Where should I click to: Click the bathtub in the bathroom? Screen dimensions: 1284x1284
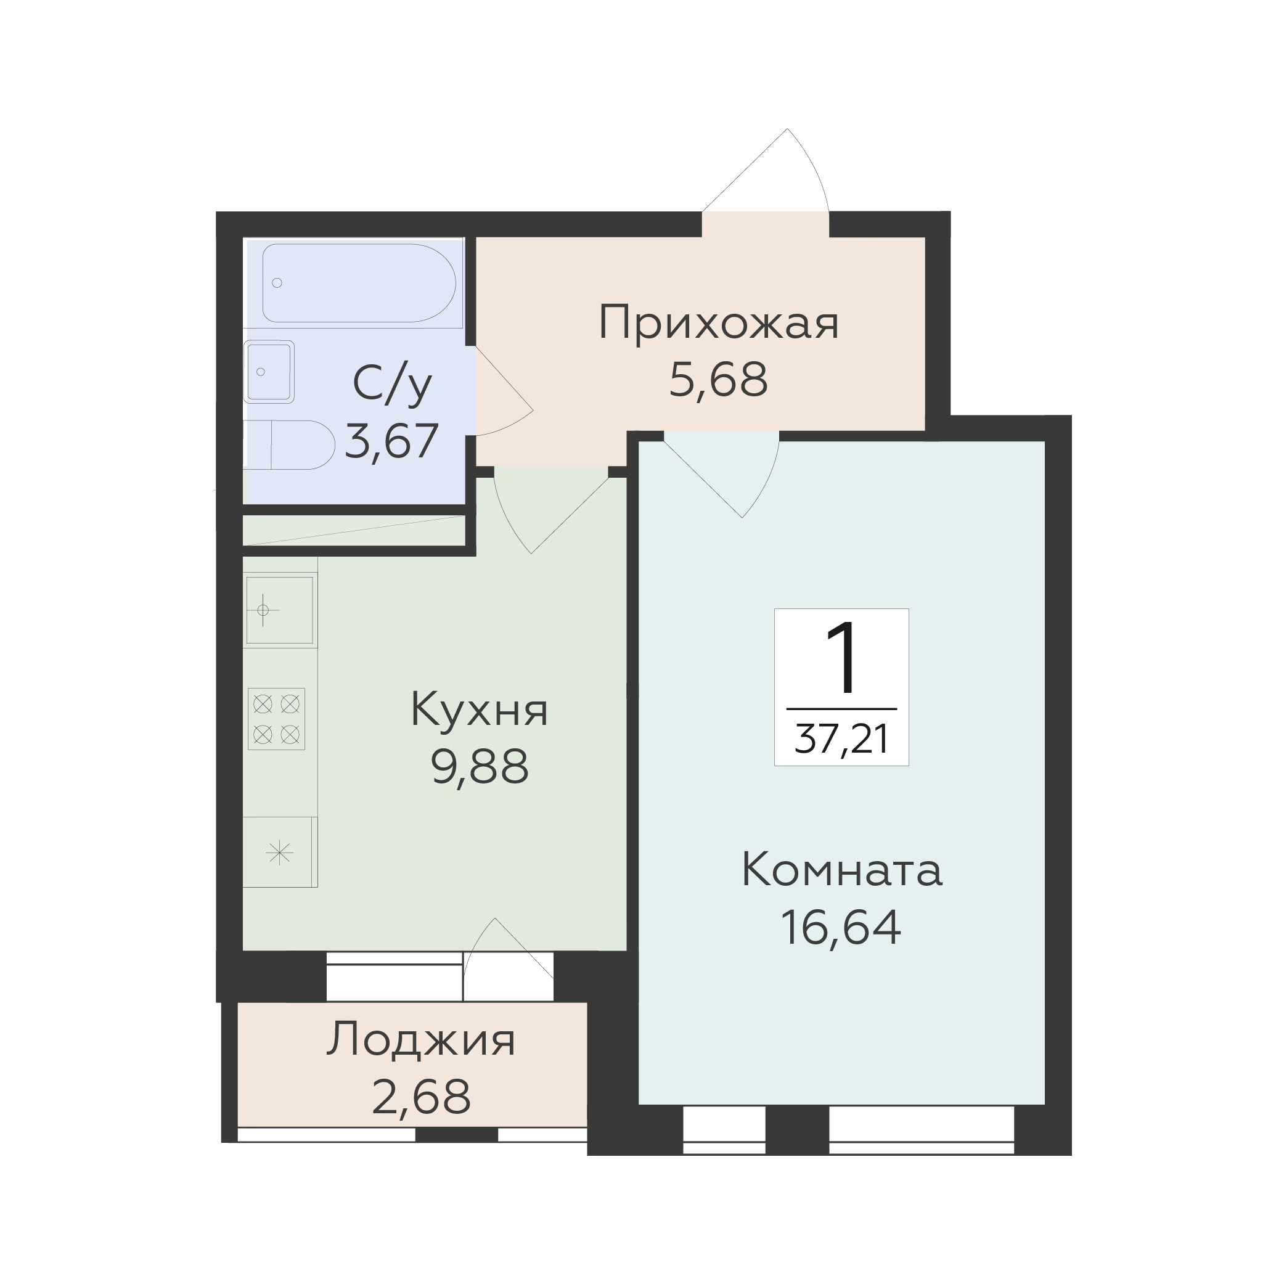359,282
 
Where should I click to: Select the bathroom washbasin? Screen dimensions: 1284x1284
269,372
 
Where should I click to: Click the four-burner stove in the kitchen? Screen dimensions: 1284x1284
277,719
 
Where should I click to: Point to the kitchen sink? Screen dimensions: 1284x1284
279,610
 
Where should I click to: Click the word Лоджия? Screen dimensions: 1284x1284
420,1039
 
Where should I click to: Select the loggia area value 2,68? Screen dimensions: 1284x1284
420,1097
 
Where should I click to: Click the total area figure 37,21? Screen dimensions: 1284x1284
841,740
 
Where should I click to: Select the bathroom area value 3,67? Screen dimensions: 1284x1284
392,441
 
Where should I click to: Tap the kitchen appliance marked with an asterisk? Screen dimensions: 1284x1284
280,852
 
